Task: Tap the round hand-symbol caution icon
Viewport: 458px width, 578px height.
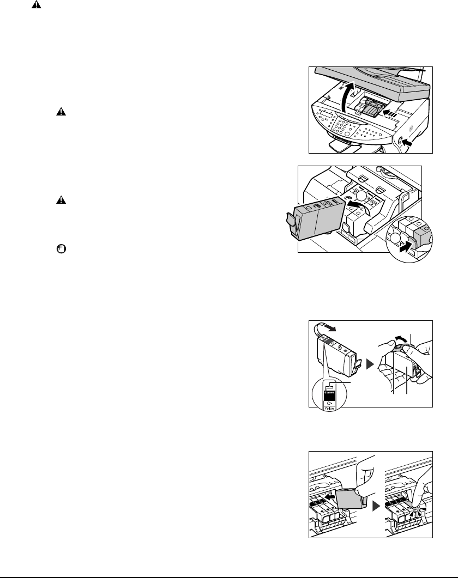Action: pyautogui.click(x=61, y=248)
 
